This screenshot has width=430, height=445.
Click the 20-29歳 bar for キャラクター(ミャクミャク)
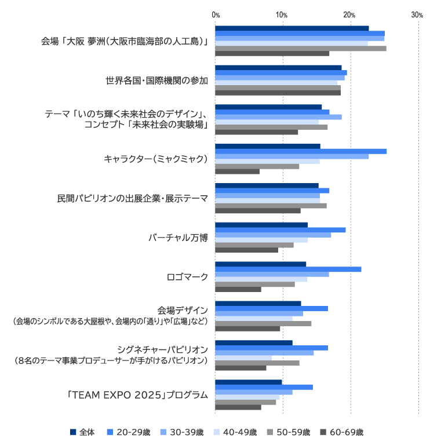pos(301,151)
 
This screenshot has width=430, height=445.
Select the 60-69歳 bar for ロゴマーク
pos(238,289)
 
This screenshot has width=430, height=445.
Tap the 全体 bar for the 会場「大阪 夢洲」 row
pos(292,28)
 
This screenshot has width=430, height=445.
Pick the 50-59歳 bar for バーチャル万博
pos(254,245)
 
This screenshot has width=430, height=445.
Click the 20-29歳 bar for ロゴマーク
pos(288,269)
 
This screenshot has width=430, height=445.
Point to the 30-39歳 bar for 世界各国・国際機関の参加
pos(280,78)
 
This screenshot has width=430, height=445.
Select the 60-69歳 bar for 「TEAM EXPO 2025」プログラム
pos(238,407)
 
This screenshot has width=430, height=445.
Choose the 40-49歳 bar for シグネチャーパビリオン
pos(243,358)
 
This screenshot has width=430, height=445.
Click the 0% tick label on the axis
pos(216,14)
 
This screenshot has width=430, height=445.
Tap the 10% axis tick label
pos(282,14)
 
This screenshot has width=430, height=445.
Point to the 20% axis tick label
pos(349,14)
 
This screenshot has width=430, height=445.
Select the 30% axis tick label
pos(417,14)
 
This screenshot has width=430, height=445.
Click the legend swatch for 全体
pos(73,432)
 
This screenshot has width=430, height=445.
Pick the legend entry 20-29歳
pos(128,432)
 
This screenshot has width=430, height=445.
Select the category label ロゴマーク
pos(187,277)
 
